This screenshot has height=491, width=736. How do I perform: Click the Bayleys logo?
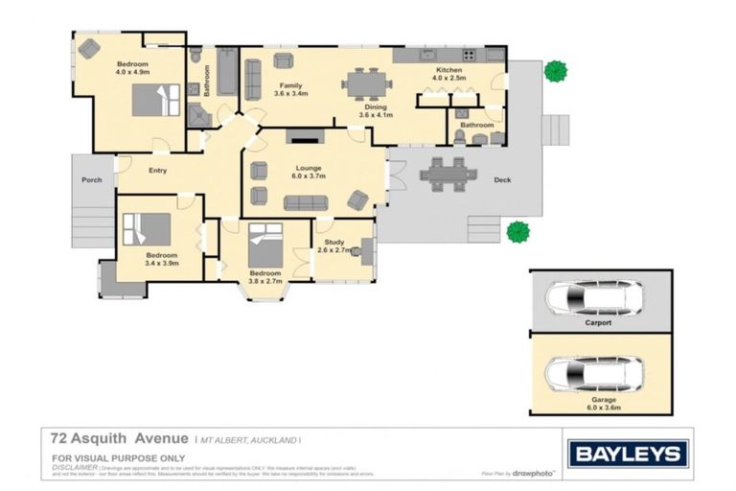(x=628, y=453)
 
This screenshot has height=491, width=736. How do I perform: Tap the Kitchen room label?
(x=449, y=71)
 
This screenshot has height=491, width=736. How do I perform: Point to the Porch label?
(x=92, y=179)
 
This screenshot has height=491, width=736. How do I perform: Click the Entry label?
(x=157, y=171)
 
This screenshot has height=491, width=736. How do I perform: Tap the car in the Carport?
(x=594, y=297)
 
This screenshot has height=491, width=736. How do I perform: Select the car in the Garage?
(x=594, y=373)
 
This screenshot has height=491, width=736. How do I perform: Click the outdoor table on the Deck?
(x=447, y=174)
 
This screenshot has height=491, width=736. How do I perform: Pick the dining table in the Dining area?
(x=365, y=83)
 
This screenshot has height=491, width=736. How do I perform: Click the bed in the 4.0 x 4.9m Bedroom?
(x=154, y=100)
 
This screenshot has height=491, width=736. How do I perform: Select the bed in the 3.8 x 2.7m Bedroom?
(x=265, y=245)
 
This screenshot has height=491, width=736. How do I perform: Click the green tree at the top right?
(x=554, y=71)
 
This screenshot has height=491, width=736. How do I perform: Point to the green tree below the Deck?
(x=517, y=231)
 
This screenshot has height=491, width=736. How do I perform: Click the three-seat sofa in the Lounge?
(x=306, y=202)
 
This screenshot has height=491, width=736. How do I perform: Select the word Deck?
(x=502, y=180)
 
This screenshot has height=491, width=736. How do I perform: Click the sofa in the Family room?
(x=253, y=80)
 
